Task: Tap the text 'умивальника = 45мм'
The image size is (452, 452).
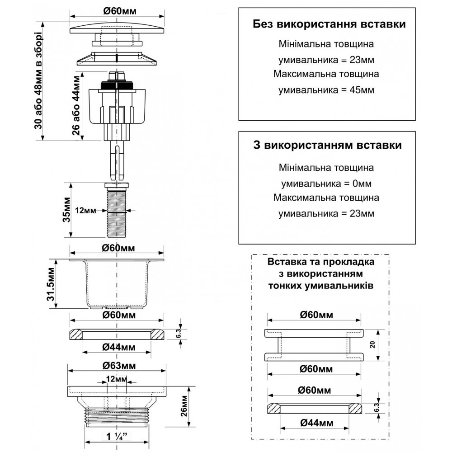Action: (x=327, y=89)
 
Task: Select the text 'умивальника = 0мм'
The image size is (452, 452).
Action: (x=327, y=184)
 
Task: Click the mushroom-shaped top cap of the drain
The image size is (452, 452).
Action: (x=117, y=28)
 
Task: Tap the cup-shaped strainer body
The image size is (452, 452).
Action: (x=117, y=285)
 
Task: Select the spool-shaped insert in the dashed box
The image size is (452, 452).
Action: (x=314, y=344)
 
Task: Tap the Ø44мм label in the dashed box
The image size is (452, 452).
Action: (x=314, y=423)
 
